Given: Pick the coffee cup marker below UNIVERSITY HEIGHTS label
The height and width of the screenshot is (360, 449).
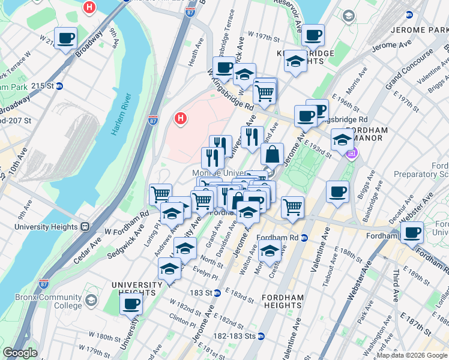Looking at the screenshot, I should [131, 302].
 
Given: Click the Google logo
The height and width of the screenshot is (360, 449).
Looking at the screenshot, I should [20, 353].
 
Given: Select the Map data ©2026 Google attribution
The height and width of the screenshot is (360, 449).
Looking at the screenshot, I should [412, 355].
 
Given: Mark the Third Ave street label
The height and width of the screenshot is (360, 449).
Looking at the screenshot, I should [396, 287].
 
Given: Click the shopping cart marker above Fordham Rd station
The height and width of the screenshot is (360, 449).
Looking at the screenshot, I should [292, 208].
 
